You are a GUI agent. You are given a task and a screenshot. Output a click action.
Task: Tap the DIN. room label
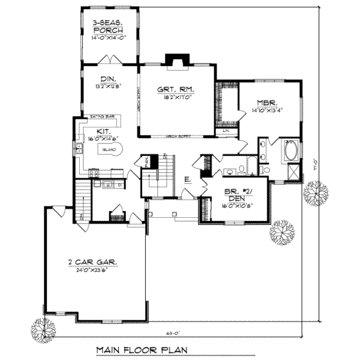108,78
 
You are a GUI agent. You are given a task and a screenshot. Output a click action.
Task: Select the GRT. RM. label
176,90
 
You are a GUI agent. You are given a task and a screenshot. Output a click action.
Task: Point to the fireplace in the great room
176,60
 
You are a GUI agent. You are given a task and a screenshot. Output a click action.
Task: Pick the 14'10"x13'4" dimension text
267,110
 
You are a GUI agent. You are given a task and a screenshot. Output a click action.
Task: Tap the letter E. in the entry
187,178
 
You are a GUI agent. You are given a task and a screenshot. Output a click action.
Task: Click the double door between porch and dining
110,61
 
